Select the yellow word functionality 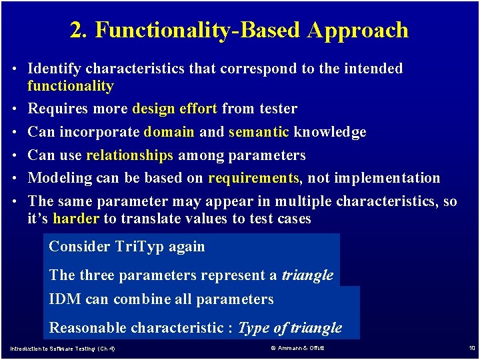(71, 86)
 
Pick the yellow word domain (169, 132)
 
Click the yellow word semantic (259, 132)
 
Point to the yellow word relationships (129, 155)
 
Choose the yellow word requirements (253, 178)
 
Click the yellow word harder (76, 219)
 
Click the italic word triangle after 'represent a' (307, 275)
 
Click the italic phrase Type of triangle (290, 328)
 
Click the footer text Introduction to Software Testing (53, 349)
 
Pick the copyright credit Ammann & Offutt (298, 349)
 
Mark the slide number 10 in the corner (471, 348)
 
